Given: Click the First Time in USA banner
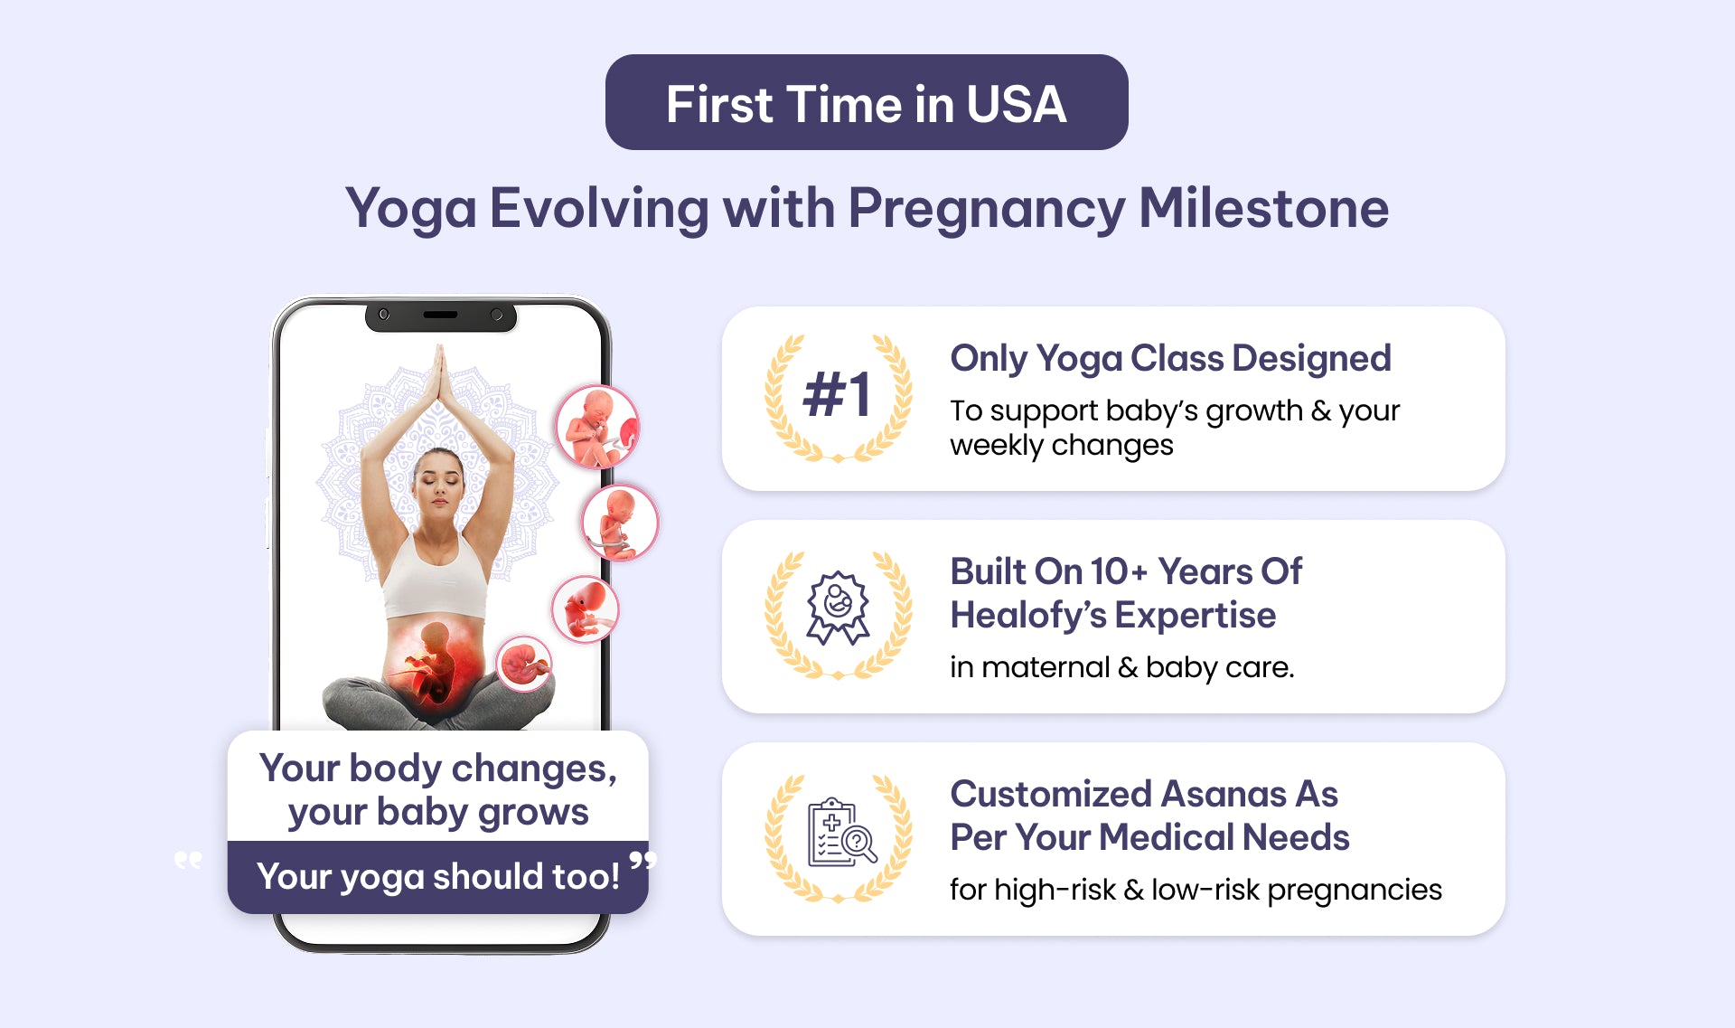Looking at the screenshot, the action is click(867, 102).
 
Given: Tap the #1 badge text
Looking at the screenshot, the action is click(838, 395).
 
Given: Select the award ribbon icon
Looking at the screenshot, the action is click(838, 607).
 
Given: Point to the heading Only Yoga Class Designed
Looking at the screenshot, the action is click(1170, 358).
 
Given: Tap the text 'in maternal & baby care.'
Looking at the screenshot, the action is click(1121, 667).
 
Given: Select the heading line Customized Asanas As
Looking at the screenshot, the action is click(1144, 794).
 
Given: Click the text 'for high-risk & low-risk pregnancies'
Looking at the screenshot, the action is click(1196, 890).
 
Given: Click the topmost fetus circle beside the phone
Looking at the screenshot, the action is click(597, 427).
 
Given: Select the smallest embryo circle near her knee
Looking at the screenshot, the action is click(524, 664).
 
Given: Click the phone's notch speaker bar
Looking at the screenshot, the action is click(440, 315).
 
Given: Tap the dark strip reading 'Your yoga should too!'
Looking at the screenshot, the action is click(438, 877).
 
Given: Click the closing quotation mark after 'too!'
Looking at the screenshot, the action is click(642, 859).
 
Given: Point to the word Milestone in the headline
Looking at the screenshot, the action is click(1263, 208).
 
